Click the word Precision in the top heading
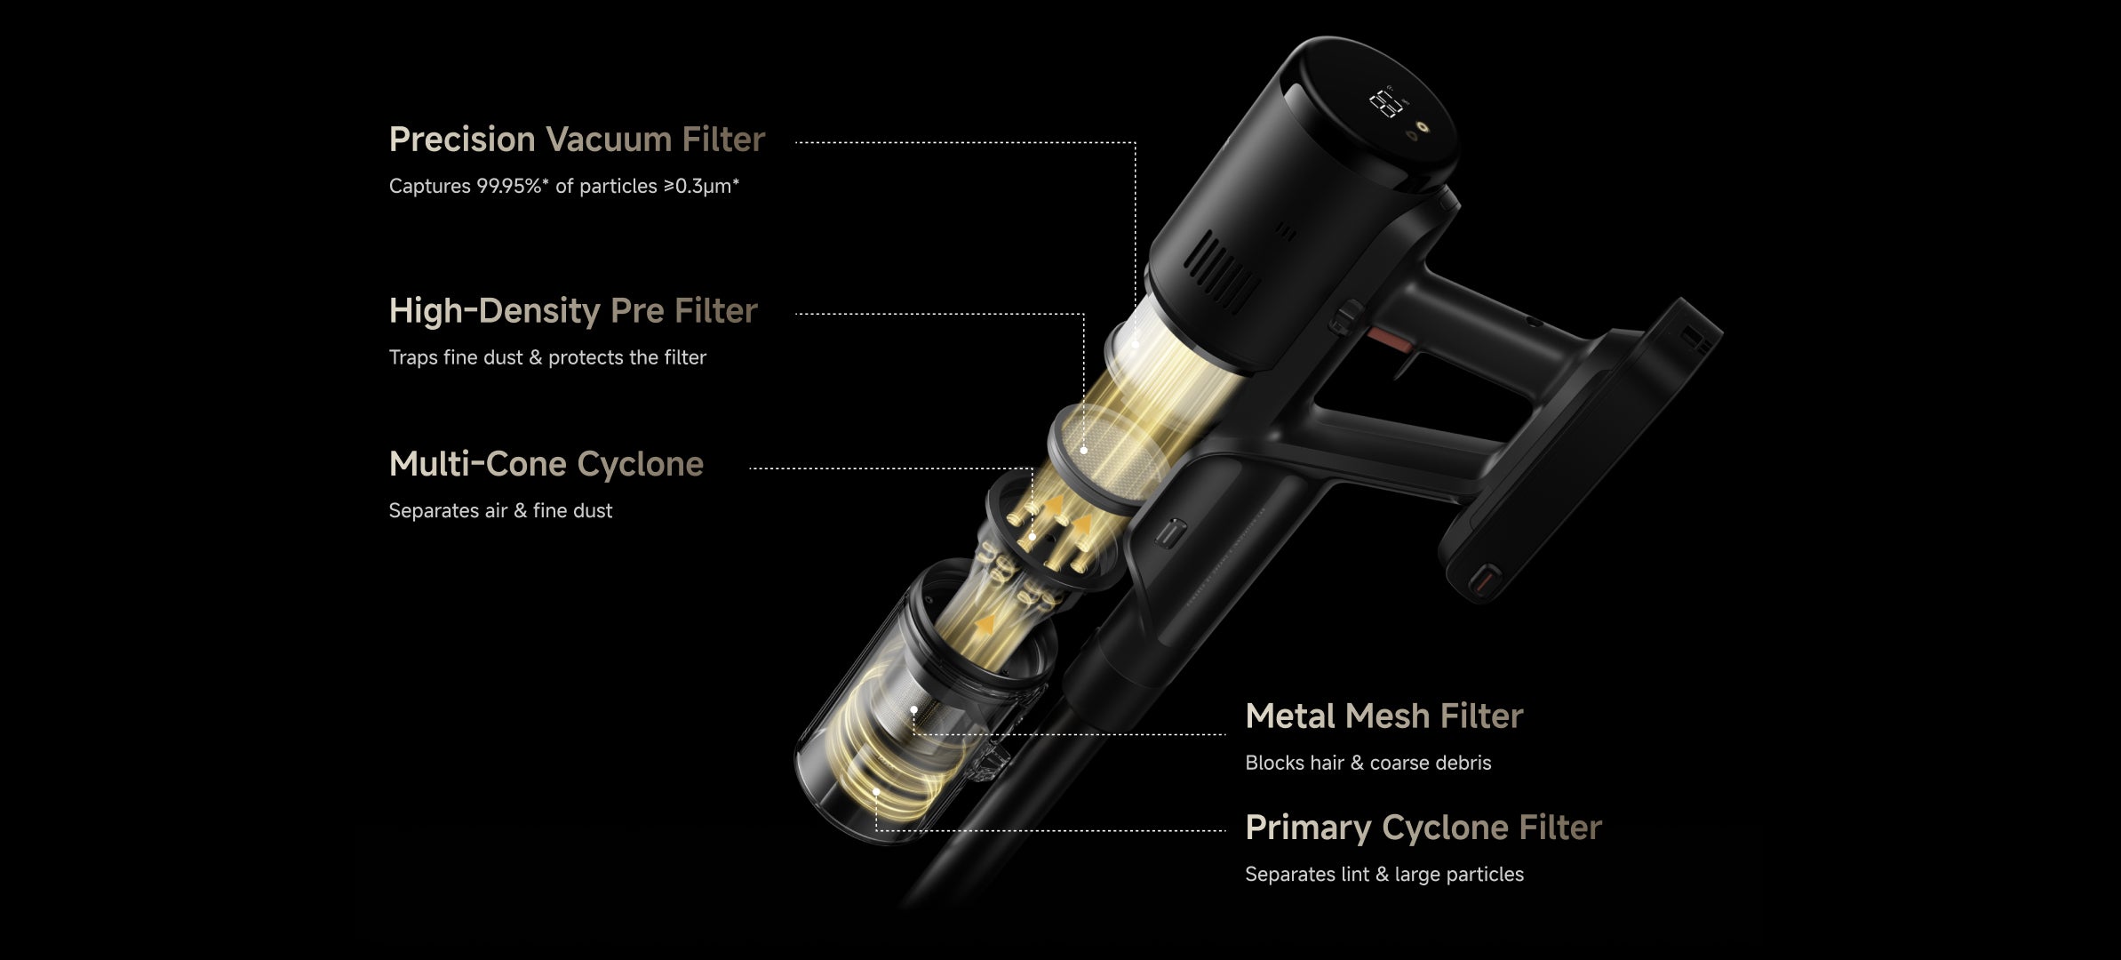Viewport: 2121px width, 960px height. click(462, 140)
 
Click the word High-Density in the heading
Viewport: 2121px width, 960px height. click(495, 311)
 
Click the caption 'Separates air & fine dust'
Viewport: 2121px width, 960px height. click(500, 511)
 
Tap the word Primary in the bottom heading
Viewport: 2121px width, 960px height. click(1308, 828)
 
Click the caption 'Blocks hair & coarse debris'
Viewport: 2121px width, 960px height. click(1368, 763)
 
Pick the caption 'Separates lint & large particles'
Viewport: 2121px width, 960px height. click(1384, 875)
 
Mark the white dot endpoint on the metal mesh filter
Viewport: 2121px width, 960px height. click(913, 709)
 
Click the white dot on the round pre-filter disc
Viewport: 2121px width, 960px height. click(1084, 451)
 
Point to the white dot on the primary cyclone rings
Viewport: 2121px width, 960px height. click(876, 790)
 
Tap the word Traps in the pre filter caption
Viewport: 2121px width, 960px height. click(413, 358)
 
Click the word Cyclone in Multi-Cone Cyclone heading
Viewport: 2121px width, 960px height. click(640, 465)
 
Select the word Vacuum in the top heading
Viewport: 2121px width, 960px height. click(609, 140)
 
